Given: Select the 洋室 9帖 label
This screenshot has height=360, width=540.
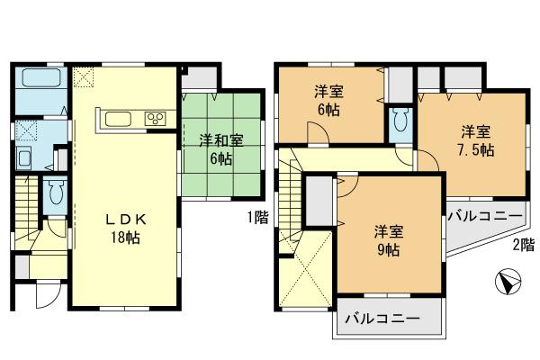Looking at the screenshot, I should tap(387, 241).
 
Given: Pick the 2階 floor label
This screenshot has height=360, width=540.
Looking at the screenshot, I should tap(523, 245).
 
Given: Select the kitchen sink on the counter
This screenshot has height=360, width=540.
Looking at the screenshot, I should tap(119, 119).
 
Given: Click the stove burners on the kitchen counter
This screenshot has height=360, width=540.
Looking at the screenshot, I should tap(155, 119).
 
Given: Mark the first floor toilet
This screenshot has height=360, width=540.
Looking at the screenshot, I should tap(56, 193).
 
